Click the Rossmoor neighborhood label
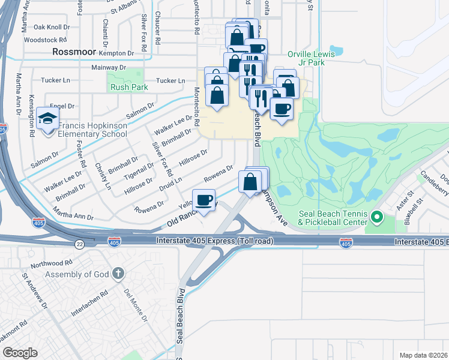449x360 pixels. coord(75,52)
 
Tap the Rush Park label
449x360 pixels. coord(128,87)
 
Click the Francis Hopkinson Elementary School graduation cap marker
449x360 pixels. coord(47,118)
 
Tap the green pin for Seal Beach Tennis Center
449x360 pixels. coord(377,217)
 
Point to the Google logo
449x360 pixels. coord(20,352)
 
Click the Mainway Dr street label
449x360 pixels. coord(112,67)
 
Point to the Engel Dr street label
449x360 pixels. coord(62,106)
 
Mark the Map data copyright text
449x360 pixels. coord(424,355)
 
